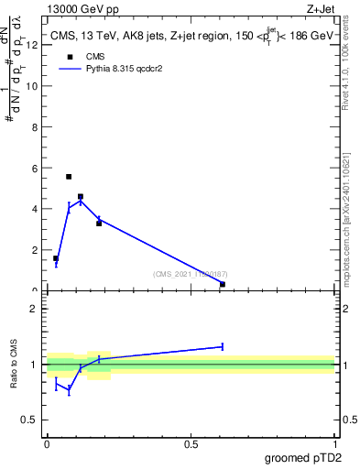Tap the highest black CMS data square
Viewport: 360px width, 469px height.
pos(69,177)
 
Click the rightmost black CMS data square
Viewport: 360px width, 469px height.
pos(223,284)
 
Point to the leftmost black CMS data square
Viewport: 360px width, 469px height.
pos(56,258)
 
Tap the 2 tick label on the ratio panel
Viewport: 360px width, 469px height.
pos(34,309)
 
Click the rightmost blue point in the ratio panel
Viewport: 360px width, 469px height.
pos(223,346)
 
